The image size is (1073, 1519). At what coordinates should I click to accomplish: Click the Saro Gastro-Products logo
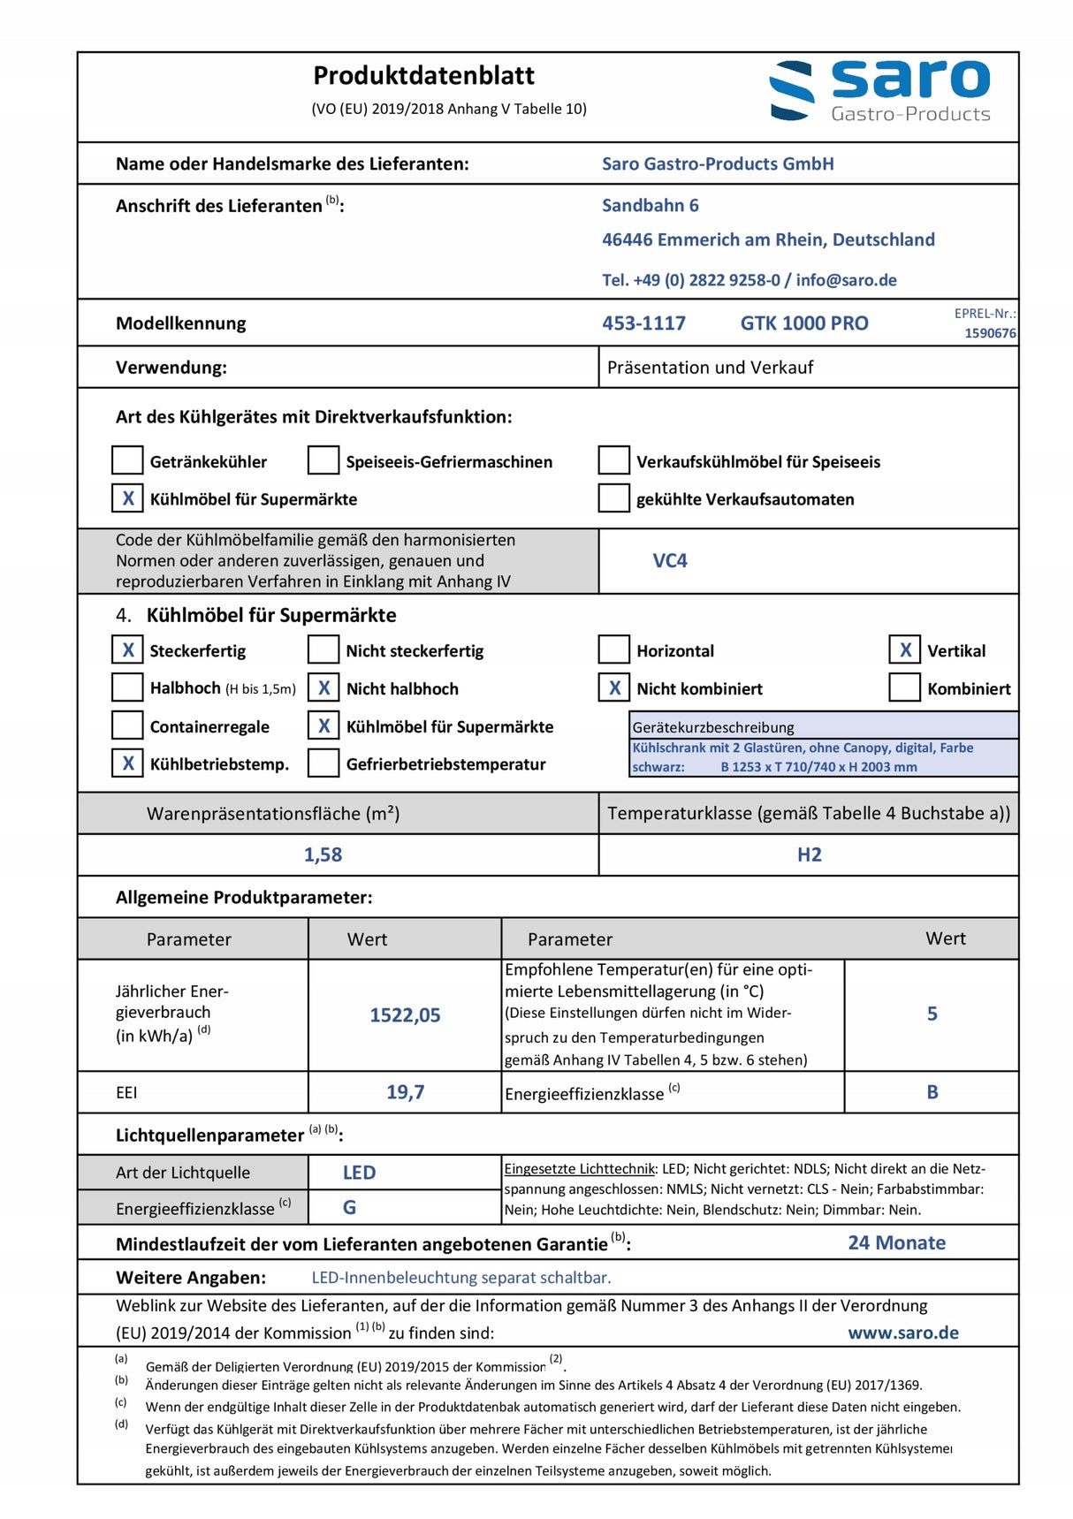[879, 90]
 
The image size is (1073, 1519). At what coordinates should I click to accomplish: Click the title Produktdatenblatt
[423, 76]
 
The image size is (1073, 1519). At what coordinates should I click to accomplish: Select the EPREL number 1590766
[990, 333]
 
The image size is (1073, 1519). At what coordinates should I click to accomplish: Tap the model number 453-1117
[643, 323]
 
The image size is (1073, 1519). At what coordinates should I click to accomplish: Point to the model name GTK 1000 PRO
[803, 323]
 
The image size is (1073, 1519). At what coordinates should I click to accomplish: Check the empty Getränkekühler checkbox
[127, 460]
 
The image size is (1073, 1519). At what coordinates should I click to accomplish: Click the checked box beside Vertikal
[904, 650]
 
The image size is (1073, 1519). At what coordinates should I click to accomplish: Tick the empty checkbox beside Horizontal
[613, 650]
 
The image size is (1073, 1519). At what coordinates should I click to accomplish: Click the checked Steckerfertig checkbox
[127, 650]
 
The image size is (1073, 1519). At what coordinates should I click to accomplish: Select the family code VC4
[669, 561]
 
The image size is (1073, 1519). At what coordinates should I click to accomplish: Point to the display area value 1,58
[323, 854]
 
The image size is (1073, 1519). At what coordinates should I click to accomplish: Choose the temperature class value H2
[809, 854]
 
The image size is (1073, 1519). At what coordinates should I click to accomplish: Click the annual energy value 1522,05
[405, 1015]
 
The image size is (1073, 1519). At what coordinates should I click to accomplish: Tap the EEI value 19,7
[405, 1092]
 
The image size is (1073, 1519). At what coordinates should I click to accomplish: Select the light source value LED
[359, 1173]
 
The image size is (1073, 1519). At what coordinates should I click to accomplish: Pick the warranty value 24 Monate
[896, 1242]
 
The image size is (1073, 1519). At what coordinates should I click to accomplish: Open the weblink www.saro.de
[902, 1333]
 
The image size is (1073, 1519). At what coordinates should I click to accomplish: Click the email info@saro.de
[846, 280]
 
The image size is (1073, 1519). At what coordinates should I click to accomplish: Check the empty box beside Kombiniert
[904, 687]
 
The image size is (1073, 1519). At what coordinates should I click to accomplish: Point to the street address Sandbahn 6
[650, 206]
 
